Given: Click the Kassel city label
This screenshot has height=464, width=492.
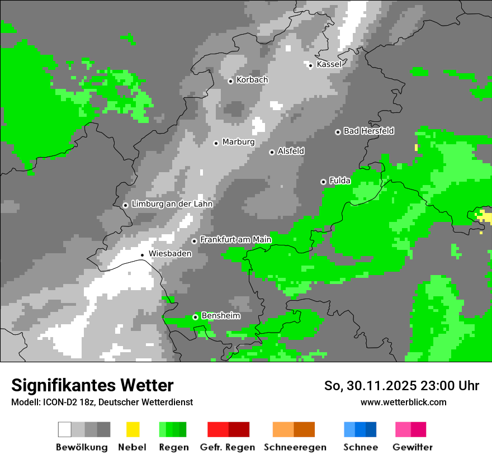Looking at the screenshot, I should click(329, 64).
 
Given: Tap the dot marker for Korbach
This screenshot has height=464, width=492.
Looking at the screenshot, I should click(230, 81).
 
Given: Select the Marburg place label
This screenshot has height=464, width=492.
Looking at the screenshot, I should click(238, 142).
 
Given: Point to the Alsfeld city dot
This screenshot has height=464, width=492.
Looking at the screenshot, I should click(272, 152).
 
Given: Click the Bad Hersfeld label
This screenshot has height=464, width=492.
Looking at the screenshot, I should click(368, 131).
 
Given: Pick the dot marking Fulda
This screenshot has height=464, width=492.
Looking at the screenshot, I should click(323, 182).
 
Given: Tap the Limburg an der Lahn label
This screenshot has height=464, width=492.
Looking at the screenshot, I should click(172, 204).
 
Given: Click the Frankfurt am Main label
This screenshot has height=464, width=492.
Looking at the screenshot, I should click(235, 240).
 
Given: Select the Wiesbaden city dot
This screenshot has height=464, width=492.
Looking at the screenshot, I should click(143, 255).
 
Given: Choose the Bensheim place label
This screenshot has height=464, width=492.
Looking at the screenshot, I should click(220, 316).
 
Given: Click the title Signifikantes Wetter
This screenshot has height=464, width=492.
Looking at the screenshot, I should click(92, 385).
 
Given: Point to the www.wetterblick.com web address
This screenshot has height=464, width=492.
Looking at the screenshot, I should click(403, 402).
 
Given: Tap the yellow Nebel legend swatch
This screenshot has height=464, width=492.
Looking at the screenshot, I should click(133, 429).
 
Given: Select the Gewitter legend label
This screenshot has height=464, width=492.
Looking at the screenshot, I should click(412, 447).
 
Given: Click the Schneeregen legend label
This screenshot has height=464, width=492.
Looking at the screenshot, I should click(295, 447).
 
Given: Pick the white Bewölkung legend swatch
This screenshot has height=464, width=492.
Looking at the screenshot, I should click(64, 429).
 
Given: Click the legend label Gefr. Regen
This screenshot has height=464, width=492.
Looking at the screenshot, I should click(227, 447).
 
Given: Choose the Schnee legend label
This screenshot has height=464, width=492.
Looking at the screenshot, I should click(360, 447).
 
